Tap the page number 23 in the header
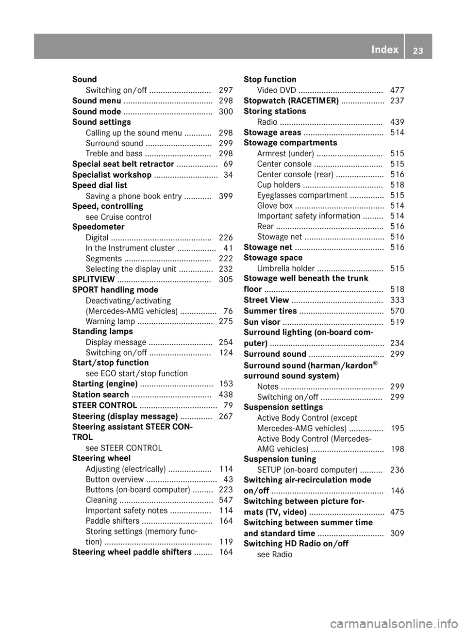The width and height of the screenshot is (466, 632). (x=417, y=50)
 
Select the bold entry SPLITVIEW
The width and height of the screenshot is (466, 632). (x=94, y=280)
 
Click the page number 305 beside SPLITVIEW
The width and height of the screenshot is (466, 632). (x=226, y=280)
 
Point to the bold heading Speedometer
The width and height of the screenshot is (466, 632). (x=98, y=227)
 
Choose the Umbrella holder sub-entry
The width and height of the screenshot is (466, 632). (x=286, y=268)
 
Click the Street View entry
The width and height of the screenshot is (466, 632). (x=266, y=300)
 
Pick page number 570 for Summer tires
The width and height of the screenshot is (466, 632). (x=397, y=311)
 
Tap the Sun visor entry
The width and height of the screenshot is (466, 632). (x=262, y=322)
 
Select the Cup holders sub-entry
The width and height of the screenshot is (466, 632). (x=279, y=185)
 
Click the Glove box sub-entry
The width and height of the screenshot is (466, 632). (x=275, y=206)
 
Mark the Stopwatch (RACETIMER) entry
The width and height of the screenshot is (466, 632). (x=291, y=100)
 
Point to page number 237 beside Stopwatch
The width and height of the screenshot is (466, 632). (x=397, y=100)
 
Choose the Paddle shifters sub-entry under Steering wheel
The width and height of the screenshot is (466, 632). (x=113, y=521)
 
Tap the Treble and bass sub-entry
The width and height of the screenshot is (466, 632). (x=114, y=154)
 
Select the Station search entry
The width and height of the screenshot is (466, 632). (x=100, y=395)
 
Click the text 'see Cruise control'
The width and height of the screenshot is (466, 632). (x=118, y=217)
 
